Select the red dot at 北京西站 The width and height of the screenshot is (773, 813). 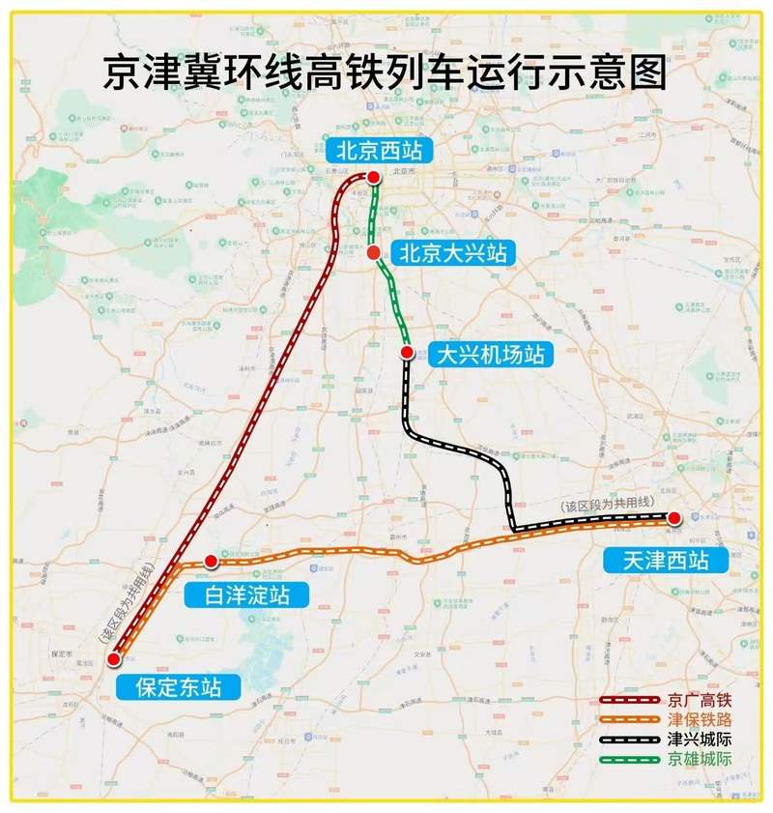point(372,176)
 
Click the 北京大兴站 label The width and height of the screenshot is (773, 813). point(452,253)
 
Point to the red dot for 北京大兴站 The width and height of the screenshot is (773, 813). point(372,252)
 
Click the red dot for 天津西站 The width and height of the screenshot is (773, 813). point(674,518)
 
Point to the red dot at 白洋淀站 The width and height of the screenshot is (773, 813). point(211,561)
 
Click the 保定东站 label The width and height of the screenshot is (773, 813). point(179,687)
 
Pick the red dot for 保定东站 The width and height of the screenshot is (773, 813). point(114,659)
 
